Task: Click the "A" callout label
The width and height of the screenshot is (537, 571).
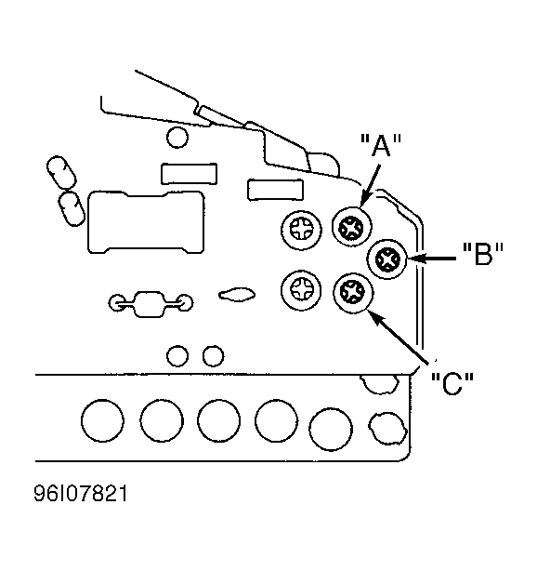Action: [381, 145]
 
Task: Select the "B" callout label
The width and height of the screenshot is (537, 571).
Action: [483, 254]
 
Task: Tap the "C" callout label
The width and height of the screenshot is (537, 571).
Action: [452, 383]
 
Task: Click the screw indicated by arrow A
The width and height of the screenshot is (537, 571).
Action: [351, 227]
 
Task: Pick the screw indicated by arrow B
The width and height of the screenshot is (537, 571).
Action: [387, 259]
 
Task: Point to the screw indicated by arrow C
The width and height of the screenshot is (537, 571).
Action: [353, 292]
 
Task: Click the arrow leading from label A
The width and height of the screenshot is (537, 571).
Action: [370, 186]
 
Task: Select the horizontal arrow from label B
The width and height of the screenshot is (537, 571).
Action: [432, 259]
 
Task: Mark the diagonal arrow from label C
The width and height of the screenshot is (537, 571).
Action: [398, 337]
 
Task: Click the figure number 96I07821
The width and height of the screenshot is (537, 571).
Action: [81, 494]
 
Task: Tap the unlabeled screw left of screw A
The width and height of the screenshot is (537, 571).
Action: [301, 230]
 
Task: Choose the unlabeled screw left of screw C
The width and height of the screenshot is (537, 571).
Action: [301, 290]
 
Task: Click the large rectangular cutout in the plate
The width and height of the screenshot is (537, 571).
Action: [146, 222]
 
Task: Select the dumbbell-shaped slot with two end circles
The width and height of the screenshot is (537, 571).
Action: [151, 304]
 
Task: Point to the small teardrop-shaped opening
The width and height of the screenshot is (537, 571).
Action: [237, 294]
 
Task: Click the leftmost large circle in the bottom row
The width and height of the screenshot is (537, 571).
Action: [102, 420]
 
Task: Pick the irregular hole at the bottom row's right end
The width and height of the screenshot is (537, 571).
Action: [387, 428]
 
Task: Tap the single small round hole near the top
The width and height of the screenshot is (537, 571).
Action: [177, 138]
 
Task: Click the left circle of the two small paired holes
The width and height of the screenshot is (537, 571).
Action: [177, 356]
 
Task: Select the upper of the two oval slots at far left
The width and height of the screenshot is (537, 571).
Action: [61, 173]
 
